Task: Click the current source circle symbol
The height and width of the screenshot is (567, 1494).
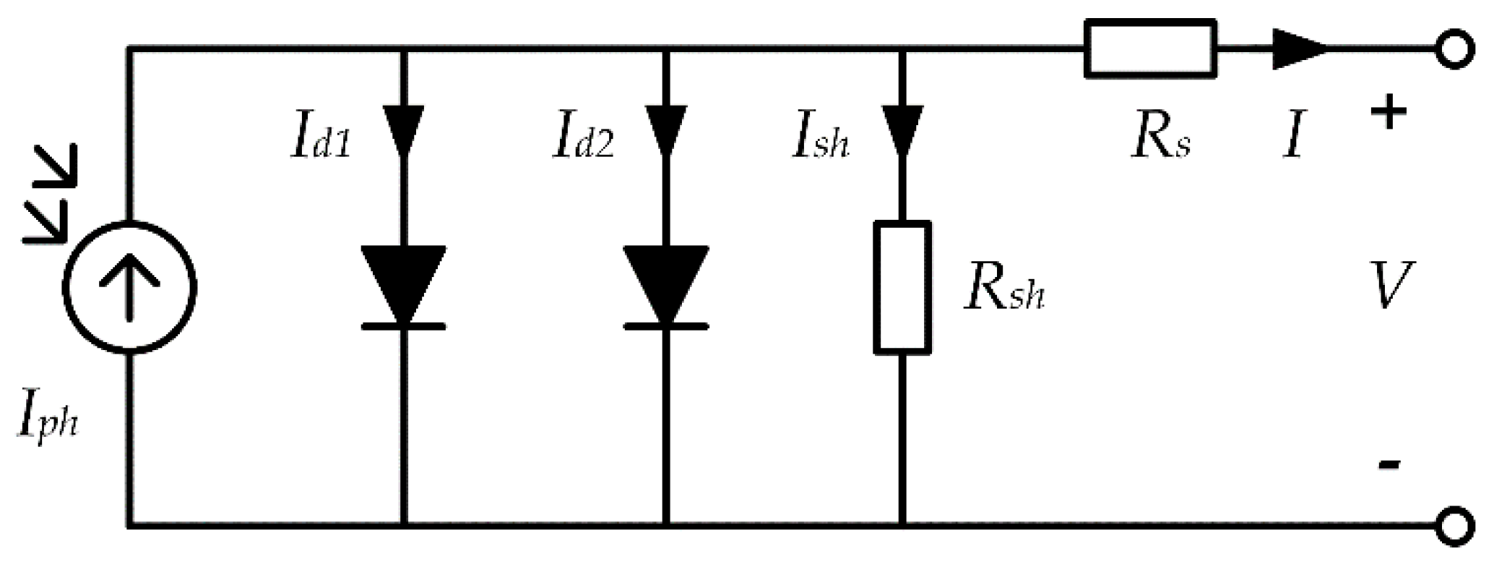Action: pos(129,287)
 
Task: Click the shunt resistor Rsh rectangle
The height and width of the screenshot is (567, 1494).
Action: pos(902,287)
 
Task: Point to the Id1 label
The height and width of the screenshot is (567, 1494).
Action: pos(321,142)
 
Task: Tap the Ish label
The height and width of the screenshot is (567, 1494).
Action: pos(821,142)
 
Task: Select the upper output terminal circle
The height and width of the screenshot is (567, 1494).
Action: pos(1454,50)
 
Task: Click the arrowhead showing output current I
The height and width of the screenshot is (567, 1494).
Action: pos(1299,49)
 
